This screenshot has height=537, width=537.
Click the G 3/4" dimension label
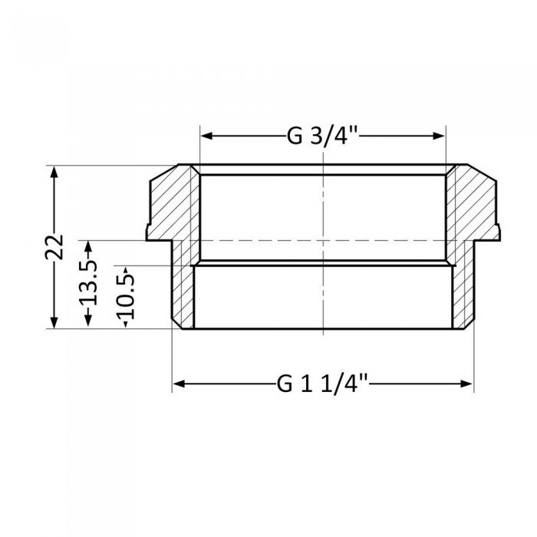click(323, 137)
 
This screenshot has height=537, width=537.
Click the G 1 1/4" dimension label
click(321, 381)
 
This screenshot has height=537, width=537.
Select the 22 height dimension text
click(54, 246)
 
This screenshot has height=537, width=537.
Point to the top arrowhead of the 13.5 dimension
click(88, 245)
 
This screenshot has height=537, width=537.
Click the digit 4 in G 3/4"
click(343, 137)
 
